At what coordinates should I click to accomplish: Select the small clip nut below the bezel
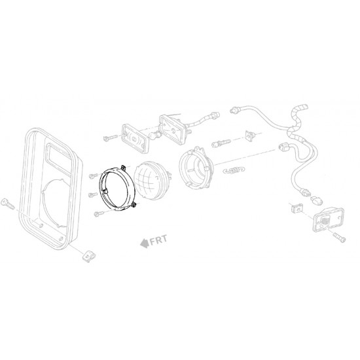86,255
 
